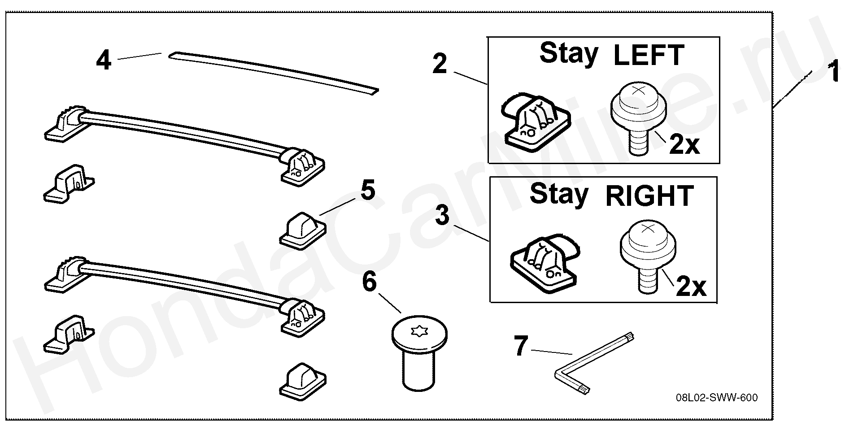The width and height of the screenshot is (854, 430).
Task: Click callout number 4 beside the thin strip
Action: pyautogui.click(x=104, y=61)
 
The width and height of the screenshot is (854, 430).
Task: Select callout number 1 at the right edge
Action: pyautogui.click(x=834, y=73)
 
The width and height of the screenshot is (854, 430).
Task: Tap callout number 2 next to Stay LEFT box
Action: pyautogui.click(x=440, y=64)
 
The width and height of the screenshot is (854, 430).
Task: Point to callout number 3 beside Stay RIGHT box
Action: pyautogui.click(x=442, y=216)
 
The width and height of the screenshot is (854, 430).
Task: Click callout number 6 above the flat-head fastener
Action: pyautogui.click(x=369, y=282)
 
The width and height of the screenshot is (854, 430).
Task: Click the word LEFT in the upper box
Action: pyautogui.click(x=648, y=56)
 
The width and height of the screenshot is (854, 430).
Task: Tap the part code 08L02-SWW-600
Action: pyautogui.click(x=717, y=398)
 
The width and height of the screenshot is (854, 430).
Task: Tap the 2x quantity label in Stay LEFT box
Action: pyautogui.click(x=684, y=144)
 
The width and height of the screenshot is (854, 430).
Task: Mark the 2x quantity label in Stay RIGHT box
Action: pyautogui.click(x=691, y=287)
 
